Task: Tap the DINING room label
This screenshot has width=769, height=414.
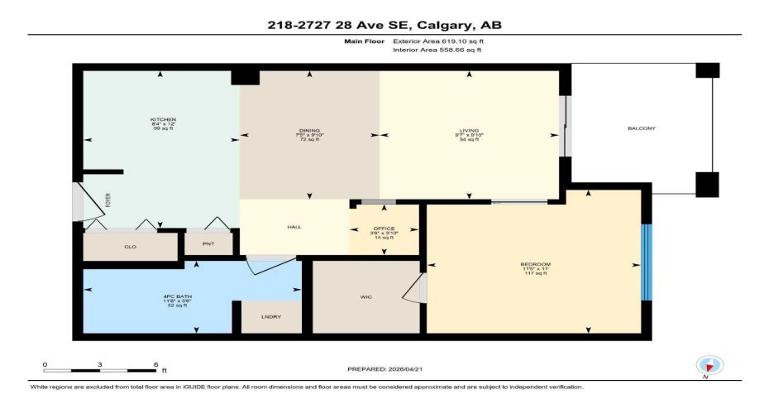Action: point(309,130)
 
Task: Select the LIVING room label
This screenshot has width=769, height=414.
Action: point(470,130)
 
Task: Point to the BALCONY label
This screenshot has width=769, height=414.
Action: point(642,128)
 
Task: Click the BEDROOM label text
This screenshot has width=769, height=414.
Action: point(535,264)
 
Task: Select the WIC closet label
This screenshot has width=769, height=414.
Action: point(366,296)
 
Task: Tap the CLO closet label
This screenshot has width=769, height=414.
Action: point(130,247)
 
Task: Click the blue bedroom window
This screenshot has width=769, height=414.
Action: point(647,263)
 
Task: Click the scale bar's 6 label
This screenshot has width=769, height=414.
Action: point(155,364)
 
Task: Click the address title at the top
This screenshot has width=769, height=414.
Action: point(384,26)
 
